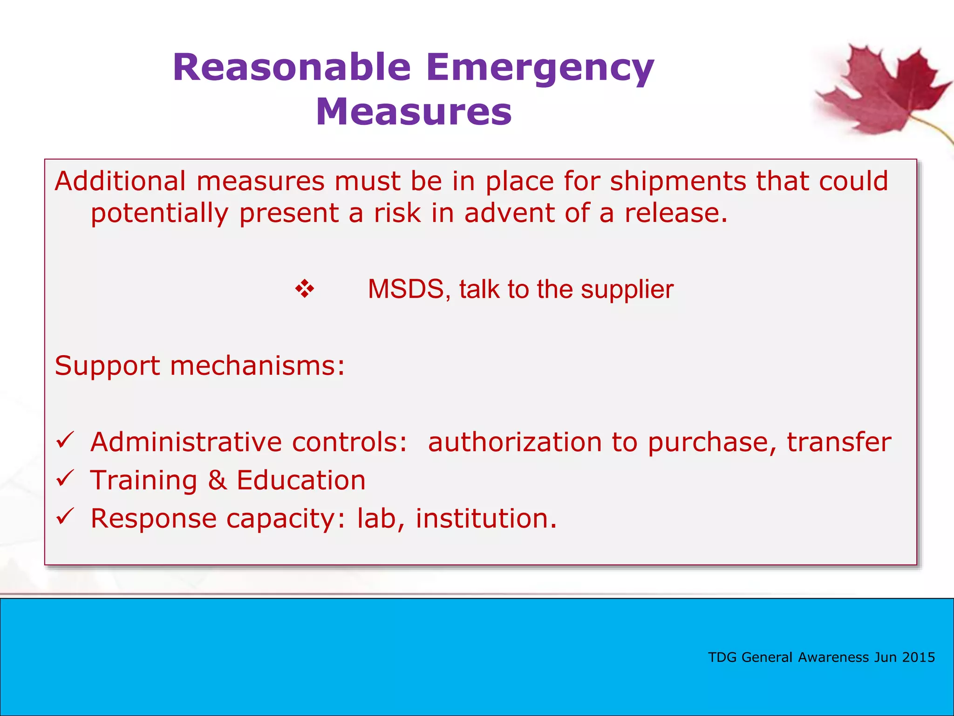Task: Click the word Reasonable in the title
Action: (292, 68)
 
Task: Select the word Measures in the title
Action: (414, 112)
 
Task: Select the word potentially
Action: (159, 213)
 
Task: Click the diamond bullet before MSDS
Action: (305, 289)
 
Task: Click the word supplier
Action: (627, 289)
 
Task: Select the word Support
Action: (107, 365)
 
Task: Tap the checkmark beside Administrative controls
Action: (65, 440)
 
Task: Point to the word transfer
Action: (839, 442)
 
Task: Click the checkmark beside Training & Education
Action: (65, 478)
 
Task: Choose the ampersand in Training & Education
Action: (218, 480)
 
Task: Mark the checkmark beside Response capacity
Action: (65, 516)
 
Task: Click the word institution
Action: (486, 518)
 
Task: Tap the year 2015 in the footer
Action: (918, 657)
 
